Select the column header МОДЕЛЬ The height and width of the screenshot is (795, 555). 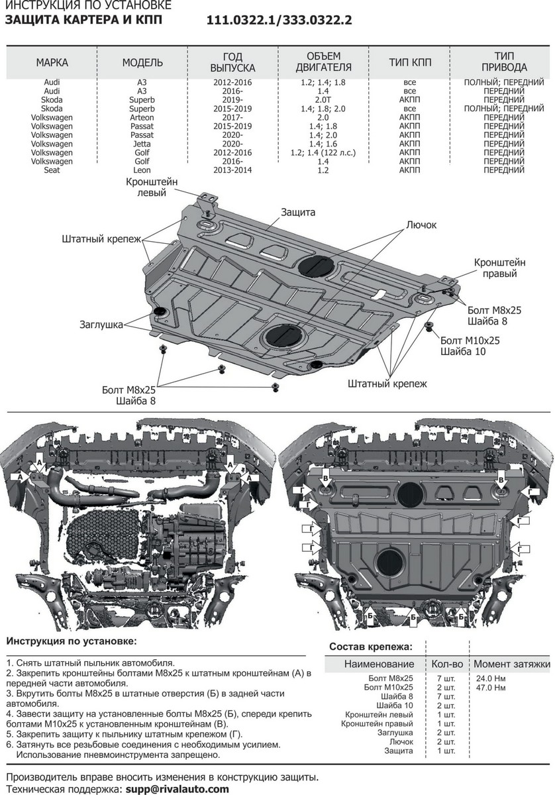pos(142,63)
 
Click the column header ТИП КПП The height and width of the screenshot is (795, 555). pos(410,63)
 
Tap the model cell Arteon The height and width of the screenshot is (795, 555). pos(142,117)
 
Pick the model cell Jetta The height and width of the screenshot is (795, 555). pos(142,144)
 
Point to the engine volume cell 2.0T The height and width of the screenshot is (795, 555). pos(324,100)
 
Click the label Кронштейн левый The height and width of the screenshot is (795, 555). pos(153,187)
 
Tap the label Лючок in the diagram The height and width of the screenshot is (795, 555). pos(421,225)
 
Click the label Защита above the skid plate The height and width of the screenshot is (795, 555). pos(298,213)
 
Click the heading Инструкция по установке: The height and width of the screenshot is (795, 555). pos(72,641)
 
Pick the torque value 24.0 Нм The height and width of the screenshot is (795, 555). pos(491,679)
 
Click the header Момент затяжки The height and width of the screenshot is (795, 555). pos(511,664)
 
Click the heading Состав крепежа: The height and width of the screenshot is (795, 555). pos(370,646)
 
